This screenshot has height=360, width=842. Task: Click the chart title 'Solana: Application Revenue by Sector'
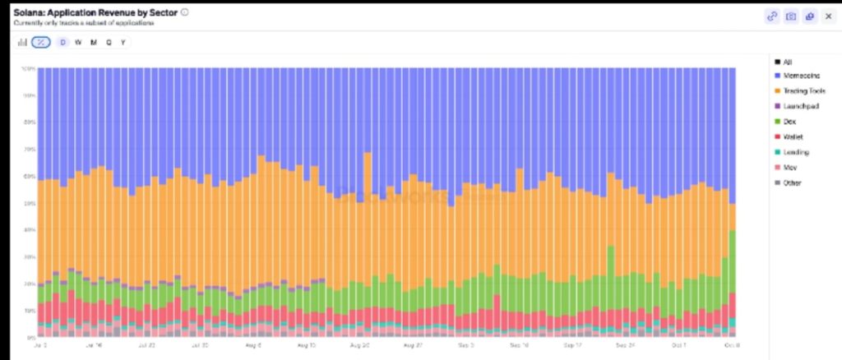(95, 12)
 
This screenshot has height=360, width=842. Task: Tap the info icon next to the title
(184, 12)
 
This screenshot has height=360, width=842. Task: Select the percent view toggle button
(40, 42)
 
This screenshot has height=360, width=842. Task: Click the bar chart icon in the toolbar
(22, 42)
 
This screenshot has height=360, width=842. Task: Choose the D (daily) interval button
(63, 42)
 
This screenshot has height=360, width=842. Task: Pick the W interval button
(78, 42)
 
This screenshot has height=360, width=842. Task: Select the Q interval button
(109, 42)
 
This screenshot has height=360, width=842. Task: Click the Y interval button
(123, 42)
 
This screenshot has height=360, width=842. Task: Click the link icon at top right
(772, 16)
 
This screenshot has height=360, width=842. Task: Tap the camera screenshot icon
(791, 16)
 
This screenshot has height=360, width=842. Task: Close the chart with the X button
(828, 16)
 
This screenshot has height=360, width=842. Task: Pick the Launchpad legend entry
(798, 106)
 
